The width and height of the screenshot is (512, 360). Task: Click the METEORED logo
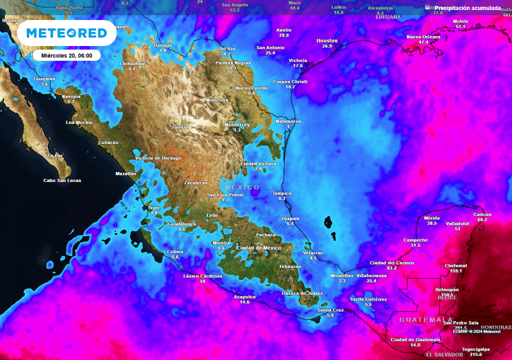[66, 33]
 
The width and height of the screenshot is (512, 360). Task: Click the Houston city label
[327, 40]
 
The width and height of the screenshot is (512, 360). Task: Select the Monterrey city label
[237, 124]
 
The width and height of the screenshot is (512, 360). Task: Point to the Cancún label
[482, 214]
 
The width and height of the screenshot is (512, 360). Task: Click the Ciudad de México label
[258, 248]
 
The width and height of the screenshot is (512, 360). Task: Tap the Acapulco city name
[244, 296]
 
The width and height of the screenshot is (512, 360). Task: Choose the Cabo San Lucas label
[62, 180]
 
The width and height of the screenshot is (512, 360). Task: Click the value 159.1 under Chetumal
[455, 271]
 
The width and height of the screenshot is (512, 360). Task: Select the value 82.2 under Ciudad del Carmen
[391, 268]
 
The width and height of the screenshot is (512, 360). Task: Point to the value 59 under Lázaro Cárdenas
[202, 281]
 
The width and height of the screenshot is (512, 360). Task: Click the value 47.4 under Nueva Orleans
[423, 42]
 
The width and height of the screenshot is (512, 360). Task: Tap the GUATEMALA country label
[426, 319]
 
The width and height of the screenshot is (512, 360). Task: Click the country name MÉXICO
[242, 187]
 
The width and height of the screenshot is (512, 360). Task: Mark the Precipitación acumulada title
[467, 8]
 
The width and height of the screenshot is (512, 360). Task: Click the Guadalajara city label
[182, 223]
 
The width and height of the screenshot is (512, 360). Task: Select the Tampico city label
[281, 193]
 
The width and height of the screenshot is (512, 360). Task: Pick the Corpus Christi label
[290, 81]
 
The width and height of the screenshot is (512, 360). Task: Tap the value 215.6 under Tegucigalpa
[476, 354]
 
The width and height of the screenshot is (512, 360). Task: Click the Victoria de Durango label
[158, 158]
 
